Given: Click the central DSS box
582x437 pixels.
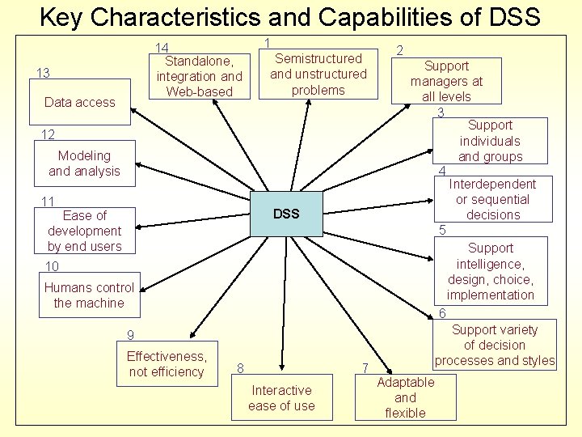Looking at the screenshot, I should click(286, 214).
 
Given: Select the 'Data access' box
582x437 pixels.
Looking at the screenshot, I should click(79, 102).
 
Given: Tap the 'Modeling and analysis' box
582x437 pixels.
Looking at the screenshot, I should click(84, 163).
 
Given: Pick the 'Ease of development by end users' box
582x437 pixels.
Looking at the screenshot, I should click(84, 231).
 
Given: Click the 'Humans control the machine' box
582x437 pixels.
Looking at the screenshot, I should click(89, 295).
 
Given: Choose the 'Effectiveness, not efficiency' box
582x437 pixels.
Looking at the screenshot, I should click(167, 364).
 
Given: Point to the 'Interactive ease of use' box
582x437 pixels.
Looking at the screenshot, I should click(281, 398).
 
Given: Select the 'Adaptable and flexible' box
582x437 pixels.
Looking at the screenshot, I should click(405, 397).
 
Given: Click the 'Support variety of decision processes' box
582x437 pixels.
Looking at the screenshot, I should click(495, 345).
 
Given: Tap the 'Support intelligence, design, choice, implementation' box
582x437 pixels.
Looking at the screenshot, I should click(491, 271).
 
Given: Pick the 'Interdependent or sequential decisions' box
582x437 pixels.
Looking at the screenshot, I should click(493, 199).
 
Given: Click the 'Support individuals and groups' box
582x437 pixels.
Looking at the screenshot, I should click(491, 141).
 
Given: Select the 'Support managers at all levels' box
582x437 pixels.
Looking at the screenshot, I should click(446, 81).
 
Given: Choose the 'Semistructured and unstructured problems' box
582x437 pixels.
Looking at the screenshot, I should click(318, 74).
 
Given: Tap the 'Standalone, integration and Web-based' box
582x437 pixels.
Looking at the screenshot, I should click(199, 76).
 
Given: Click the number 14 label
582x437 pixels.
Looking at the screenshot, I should click(162, 49).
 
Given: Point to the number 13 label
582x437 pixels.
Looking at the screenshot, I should click(44, 74).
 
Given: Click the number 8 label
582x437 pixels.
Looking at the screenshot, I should click(241, 368).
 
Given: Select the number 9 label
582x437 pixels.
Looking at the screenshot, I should click(130, 336).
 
